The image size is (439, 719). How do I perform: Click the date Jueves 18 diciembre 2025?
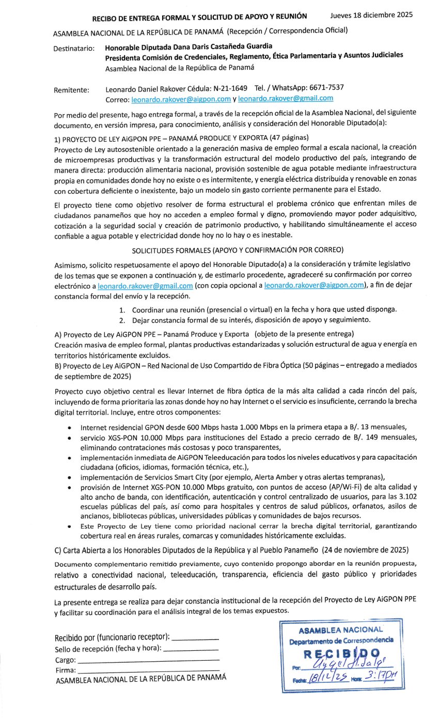click(x=371, y=15)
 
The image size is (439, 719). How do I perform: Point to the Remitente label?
click(x=71, y=90)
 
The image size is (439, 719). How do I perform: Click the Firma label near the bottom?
click(x=65, y=670)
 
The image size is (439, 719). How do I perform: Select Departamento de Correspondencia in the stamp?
click(x=341, y=640)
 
